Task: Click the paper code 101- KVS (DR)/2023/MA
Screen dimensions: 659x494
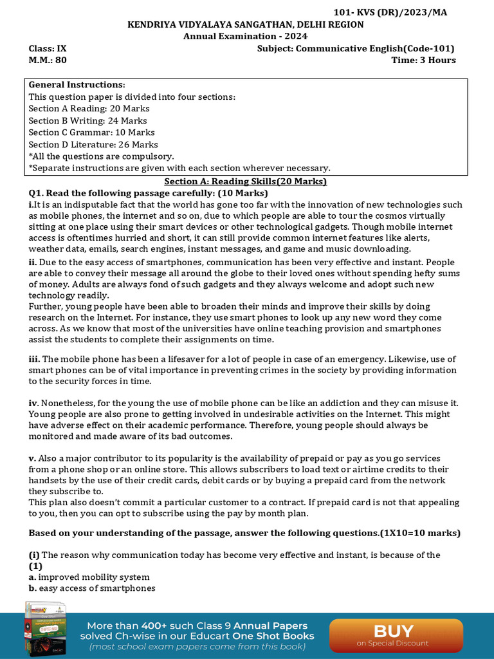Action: (x=390, y=13)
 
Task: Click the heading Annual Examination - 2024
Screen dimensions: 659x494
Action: (x=245, y=36)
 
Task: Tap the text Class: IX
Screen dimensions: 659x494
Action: (x=48, y=48)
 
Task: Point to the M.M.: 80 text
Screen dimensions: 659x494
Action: (x=48, y=60)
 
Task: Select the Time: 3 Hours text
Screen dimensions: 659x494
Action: (x=423, y=60)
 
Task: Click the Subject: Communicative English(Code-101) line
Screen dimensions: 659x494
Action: (x=356, y=48)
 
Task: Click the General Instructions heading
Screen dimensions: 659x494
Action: (x=77, y=85)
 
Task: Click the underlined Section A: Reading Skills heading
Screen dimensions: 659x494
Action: (x=245, y=181)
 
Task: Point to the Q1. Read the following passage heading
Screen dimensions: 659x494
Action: (x=148, y=193)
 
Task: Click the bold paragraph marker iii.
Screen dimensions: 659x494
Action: (x=34, y=359)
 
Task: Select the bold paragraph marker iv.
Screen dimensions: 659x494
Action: (x=33, y=403)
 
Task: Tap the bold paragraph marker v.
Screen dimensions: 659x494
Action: (x=32, y=458)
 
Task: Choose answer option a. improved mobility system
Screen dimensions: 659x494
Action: (x=89, y=577)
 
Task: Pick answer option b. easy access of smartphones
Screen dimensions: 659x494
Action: (x=92, y=588)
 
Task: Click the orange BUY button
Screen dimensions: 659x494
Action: (x=396, y=634)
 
